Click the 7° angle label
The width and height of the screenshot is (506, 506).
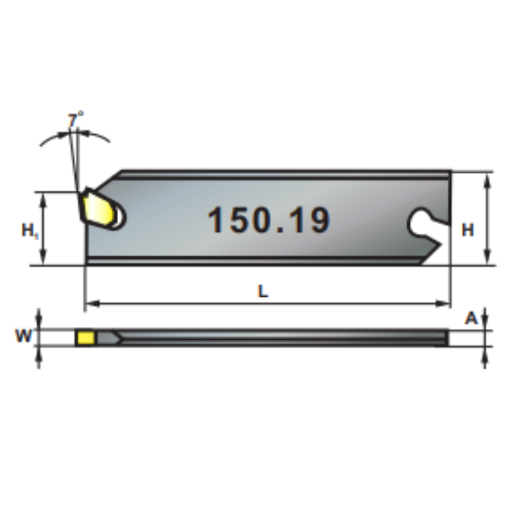[x=76, y=120]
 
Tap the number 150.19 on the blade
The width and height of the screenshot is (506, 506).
[x=269, y=220]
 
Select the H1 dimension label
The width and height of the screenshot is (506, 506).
[x=30, y=230]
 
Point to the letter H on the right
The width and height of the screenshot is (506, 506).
[x=468, y=230]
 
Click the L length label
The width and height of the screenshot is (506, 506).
[x=263, y=292]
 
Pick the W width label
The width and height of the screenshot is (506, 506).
[x=24, y=336]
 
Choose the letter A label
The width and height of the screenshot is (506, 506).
[x=471, y=318]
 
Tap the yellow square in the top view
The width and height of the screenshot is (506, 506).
[x=86, y=337]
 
